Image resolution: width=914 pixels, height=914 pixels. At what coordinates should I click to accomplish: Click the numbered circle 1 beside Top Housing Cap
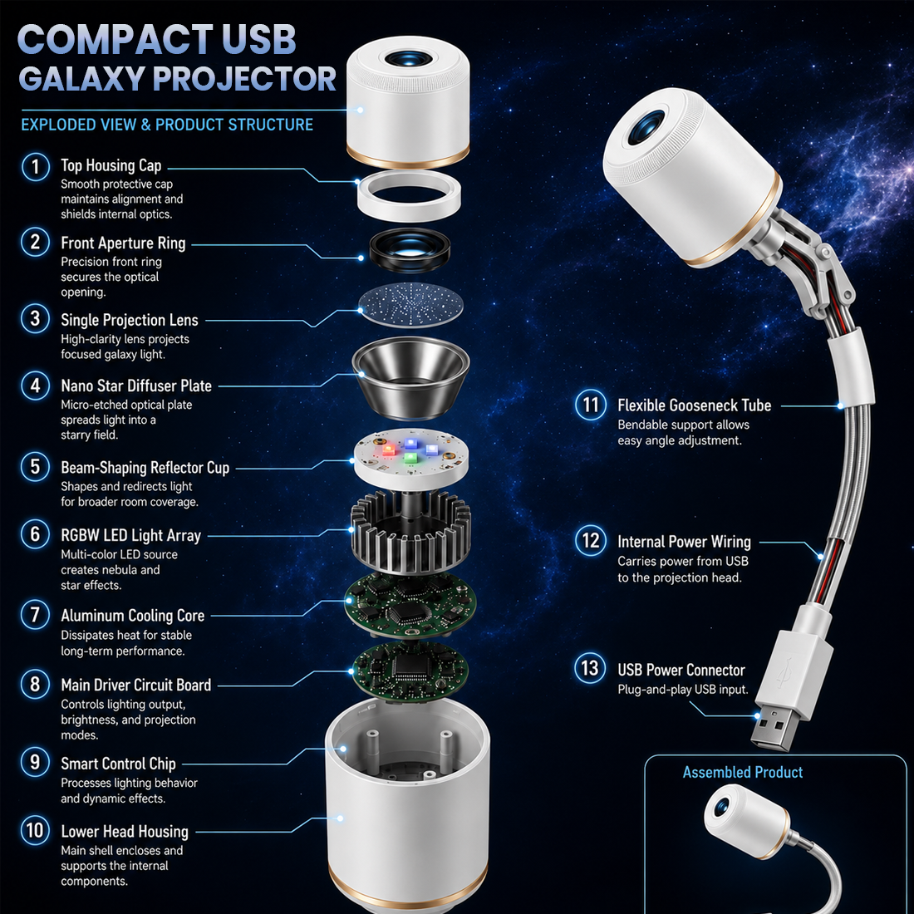[x=36, y=167]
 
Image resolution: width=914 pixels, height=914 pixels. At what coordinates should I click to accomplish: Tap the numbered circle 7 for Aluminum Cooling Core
[x=36, y=616]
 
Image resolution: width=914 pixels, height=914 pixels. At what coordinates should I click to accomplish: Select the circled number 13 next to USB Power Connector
[x=590, y=668]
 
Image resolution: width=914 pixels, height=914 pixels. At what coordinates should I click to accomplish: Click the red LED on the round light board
[x=388, y=450]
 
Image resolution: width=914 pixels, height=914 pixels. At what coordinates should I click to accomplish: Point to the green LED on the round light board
[x=410, y=458]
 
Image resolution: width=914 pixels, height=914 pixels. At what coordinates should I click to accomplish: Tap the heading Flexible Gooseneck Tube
[x=695, y=405]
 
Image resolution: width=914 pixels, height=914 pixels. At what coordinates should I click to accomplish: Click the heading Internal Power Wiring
[x=685, y=542]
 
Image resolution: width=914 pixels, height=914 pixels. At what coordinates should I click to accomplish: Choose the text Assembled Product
[x=743, y=773]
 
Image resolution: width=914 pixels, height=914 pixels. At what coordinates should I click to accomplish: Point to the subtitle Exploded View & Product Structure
[x=167, y=125]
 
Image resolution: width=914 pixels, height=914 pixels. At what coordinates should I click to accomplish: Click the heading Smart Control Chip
[x=118, y=764]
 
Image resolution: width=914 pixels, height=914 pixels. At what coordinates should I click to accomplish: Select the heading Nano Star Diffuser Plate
[x=136, y=386]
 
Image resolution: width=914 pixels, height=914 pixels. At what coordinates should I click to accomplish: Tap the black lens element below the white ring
[x=410, y=250]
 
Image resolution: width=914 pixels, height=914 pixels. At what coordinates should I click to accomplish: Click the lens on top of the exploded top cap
[x=408, y=59]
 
